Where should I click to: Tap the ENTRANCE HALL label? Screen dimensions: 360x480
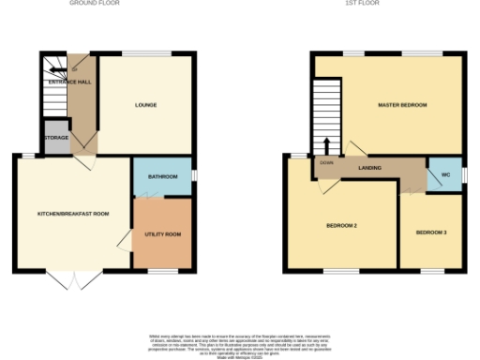(x=70, y=82)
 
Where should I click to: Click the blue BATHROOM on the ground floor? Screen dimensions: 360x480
(x=162, y=175)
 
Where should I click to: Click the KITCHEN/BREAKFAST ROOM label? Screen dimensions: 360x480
(x=73, y=214)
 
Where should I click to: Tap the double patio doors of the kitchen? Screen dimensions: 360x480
(x=71, y=279)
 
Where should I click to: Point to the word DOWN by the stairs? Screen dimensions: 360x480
(x=326, y=162)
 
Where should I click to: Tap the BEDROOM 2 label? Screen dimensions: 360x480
(x=342, y=226)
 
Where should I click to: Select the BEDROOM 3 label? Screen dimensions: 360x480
(x=431, y=232)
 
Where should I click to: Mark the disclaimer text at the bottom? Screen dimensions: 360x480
(x=239, y=343)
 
